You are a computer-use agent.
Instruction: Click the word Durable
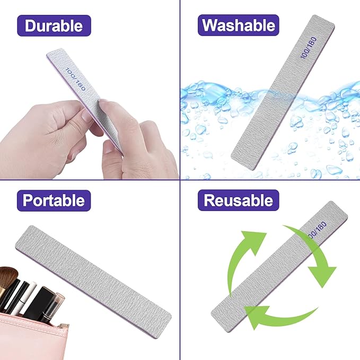54,25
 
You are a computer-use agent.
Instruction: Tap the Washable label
238,25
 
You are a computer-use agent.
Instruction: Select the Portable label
54,200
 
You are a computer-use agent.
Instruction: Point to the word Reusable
238,200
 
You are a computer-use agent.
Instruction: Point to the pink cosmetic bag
27,337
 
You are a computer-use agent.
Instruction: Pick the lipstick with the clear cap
51,308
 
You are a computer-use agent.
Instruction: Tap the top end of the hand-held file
58,53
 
